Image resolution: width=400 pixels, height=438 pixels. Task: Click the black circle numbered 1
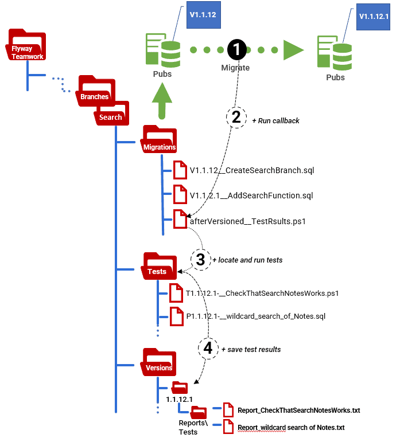(237, 50)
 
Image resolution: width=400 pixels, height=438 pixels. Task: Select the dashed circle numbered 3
(200, 259)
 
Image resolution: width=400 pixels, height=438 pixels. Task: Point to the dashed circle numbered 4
(208, 347)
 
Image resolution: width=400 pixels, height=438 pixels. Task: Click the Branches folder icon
(95, 92)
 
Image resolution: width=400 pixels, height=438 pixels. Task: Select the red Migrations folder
(159, 141)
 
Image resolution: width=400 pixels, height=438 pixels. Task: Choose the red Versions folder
(158, 362)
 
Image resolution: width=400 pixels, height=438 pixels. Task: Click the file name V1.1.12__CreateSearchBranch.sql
(252, 170)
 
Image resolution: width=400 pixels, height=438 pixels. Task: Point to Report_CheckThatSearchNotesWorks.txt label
(298, 410)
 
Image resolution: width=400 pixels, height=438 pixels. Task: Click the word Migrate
(235, 68)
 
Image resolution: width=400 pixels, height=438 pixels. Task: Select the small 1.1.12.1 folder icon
(180, 386)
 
